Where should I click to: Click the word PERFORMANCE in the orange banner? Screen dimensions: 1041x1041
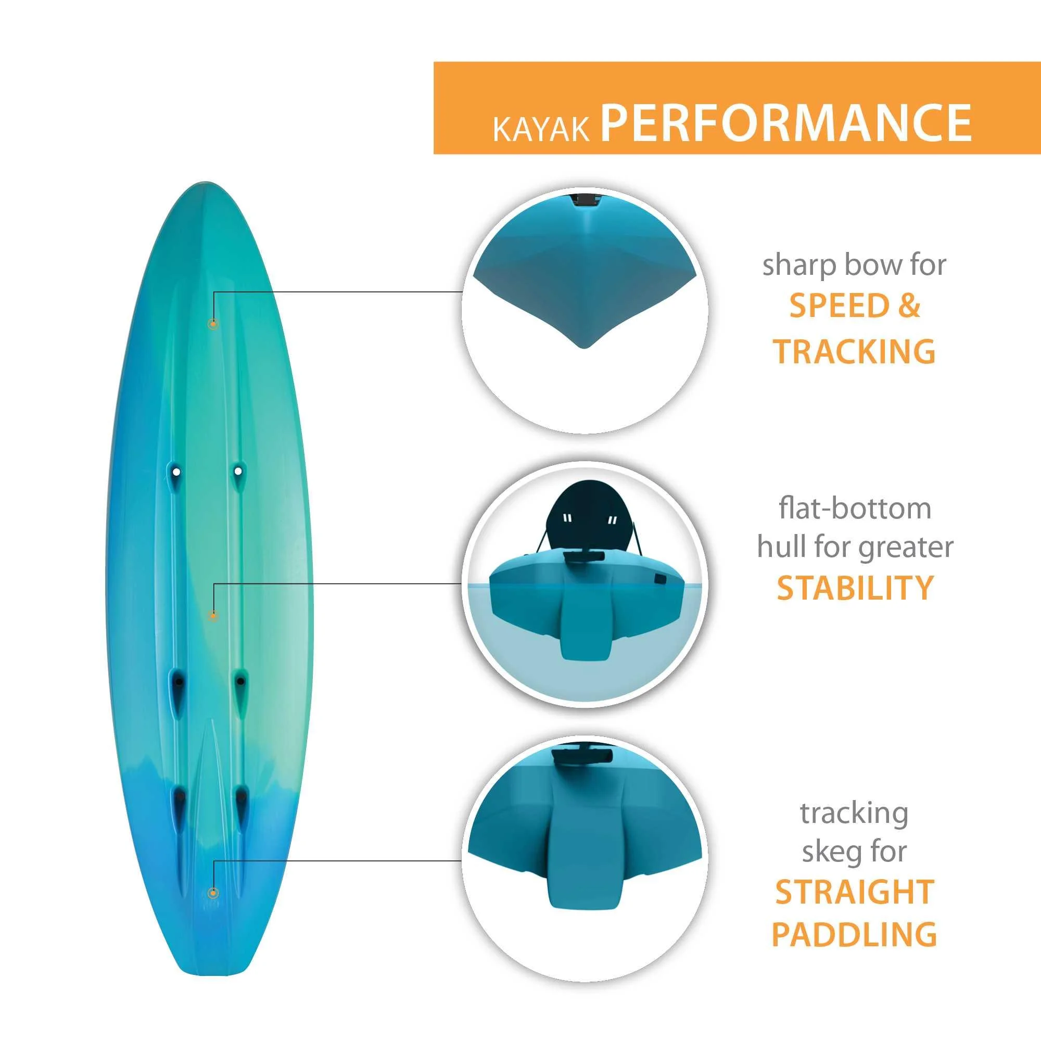coord(785,122)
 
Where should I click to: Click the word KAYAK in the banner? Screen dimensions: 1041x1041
coord(541,129)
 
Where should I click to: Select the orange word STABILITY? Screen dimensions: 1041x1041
coord(855,587)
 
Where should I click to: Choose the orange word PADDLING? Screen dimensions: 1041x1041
coord(854,934)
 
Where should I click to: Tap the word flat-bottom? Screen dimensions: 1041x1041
coord(855,509)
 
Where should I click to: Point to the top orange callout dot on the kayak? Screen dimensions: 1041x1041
coord(213,324)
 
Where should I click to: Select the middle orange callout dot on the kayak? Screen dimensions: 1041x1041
coord(213,615)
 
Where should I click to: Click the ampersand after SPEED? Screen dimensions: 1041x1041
coord(909,306)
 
